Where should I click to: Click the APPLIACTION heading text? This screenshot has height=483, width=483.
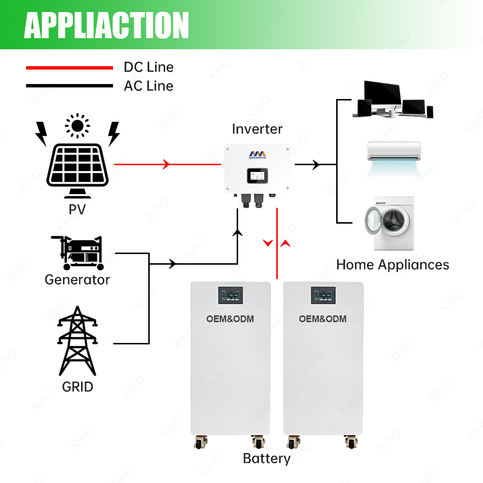click(x=106, y=25)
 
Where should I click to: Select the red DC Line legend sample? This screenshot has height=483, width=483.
click(x=69, y=68)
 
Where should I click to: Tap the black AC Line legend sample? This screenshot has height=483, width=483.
click(x=69, y=86)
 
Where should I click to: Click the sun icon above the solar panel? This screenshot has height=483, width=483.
click(x=77, y=126)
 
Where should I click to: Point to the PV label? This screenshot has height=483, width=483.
click(x=77, y=210)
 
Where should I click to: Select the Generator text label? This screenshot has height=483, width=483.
click(x=77, y=280)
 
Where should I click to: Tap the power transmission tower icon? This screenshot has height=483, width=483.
click(x=77, y=341)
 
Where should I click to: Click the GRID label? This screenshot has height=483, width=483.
click(x=77, y=387)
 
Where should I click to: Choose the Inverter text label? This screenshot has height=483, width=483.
click(x=257, y=129)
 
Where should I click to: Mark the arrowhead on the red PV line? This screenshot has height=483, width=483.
click(x=166, y=165)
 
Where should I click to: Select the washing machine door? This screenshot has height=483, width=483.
click(x=381, y=221)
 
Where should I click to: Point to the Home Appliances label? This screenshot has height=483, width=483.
click(x=392, y=265)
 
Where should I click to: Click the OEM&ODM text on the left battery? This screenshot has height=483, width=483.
click(x=230, y=319)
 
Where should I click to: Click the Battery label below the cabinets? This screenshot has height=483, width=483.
click(x=267, y=458)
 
